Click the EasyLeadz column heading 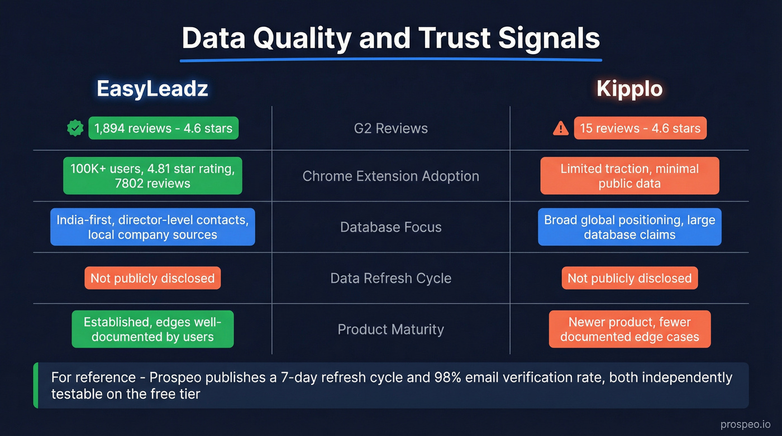[x=152, y=89]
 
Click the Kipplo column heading [x=630, y=89]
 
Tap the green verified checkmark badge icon [x=74, y=128]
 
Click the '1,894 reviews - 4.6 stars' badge [x=163, y=128]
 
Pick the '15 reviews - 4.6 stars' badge [x=640, y=128]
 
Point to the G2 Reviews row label [x=391, y=128]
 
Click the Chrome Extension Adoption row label [x=391, y=176]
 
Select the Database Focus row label [x=391, y=227]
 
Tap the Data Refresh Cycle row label [x=391, y=278]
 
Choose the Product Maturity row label [x=391, y=329]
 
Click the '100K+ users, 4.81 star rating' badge [x=152, y=176]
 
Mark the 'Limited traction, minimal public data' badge [x=630, y=176]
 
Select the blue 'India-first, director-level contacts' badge [x=152, y=227]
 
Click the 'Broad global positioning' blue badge [x=630, y=227]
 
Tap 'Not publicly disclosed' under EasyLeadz [x=152, y=278]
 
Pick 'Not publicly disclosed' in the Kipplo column [x=630, y=278]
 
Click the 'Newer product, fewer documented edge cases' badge [x=630, y=329]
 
